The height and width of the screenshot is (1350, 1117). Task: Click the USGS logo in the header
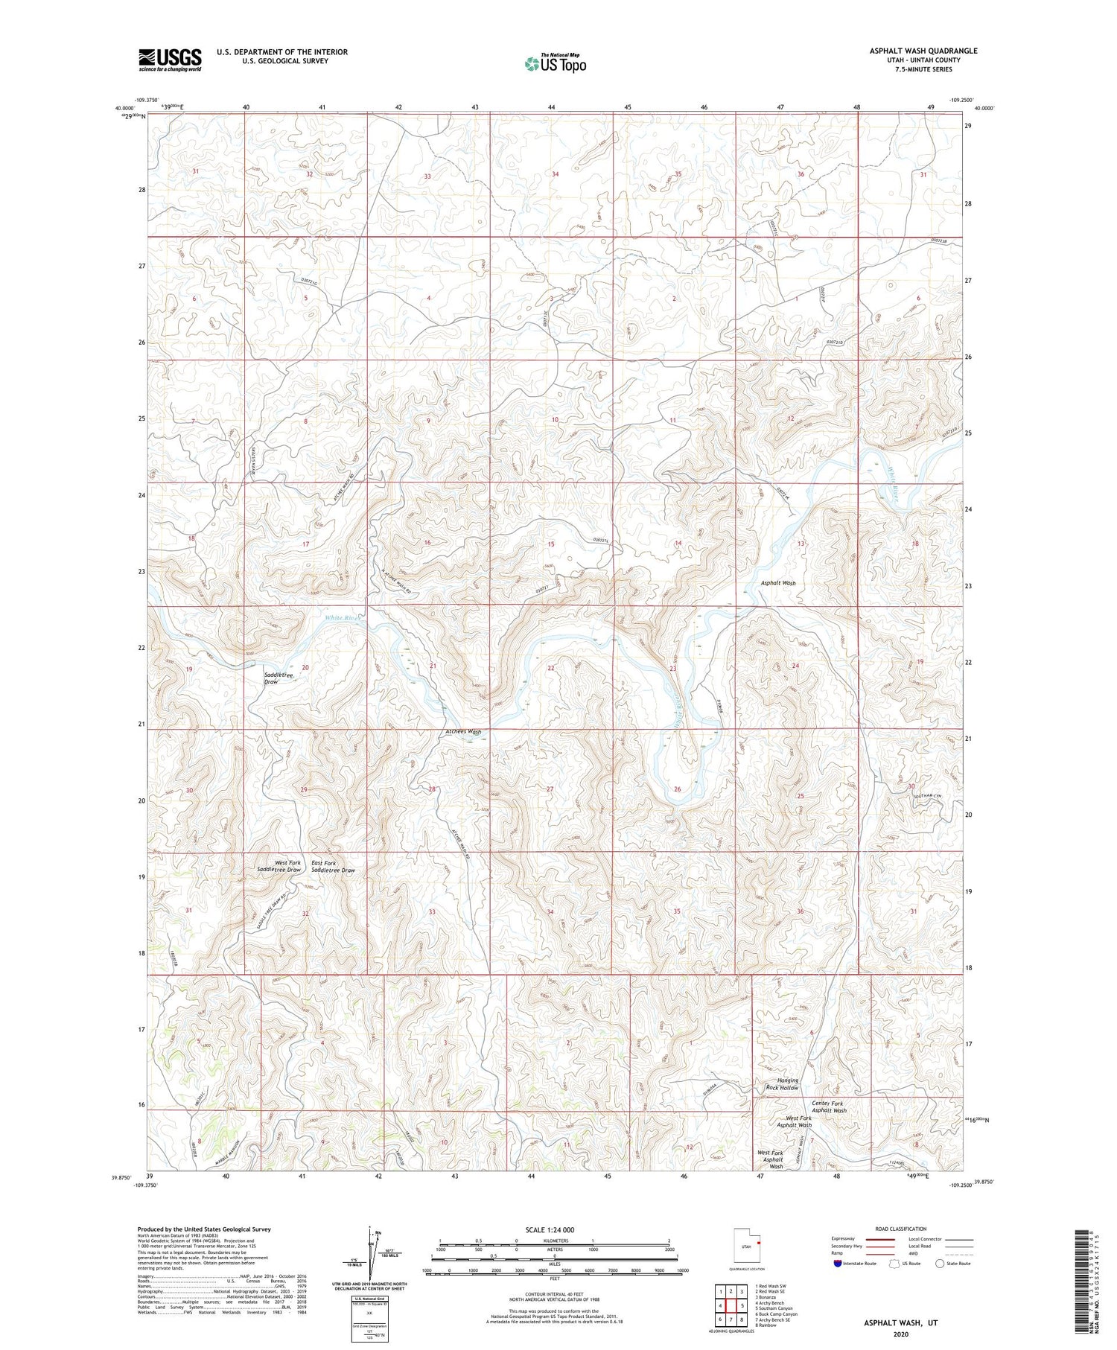tap(170, 60)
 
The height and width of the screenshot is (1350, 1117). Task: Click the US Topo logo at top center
tap(556, 64)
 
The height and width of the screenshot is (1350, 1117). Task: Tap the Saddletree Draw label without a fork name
tap(279, 678)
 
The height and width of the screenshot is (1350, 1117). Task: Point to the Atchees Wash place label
tap(463, 732)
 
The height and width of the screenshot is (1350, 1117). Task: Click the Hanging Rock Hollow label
tap(782, 1084)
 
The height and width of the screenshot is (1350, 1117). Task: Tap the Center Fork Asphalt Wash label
tap(829, 1107)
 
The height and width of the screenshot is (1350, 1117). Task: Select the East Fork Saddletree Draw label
tap(333, 867)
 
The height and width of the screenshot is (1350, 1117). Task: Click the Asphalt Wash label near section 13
tap(778, 583)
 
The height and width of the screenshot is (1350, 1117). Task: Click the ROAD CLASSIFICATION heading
tap(901, 1229)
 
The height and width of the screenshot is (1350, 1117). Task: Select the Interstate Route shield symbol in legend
tap(838, 1263)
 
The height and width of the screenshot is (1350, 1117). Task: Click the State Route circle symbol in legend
tap(940, 1263)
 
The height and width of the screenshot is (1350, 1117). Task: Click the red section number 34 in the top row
tap(556, 174)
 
